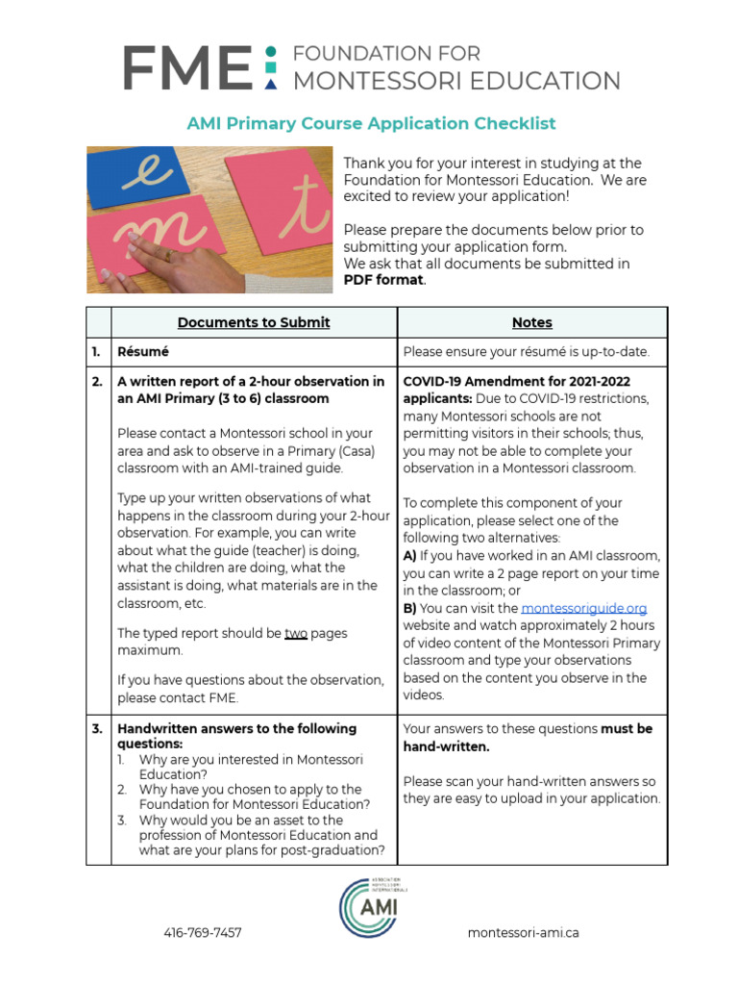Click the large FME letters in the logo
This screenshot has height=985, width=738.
(x=186, y=67)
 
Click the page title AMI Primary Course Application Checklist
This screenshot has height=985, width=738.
(x=371, y=123)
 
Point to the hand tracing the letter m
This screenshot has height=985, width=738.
(x=144, y=258)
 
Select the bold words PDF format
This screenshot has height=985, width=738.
(x=383, y=279)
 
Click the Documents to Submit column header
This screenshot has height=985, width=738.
(x=254, y=322)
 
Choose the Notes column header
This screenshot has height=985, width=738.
(x=531, y=322)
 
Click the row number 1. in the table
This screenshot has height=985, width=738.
(x=97, y=352)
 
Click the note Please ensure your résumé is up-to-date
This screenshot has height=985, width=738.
(x=526, y=352)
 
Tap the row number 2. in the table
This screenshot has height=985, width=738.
(x=97, y=382)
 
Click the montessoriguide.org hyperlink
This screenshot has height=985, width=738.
(x=583, y=609)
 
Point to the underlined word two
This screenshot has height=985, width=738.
(x=296, y=634)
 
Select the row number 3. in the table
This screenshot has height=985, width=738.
(x=97, y=729)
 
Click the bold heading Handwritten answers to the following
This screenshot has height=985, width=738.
(x=236, y=729)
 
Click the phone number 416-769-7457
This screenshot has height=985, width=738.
(x=202, y=933)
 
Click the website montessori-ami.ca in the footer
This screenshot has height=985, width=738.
(x=523, y=933)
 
